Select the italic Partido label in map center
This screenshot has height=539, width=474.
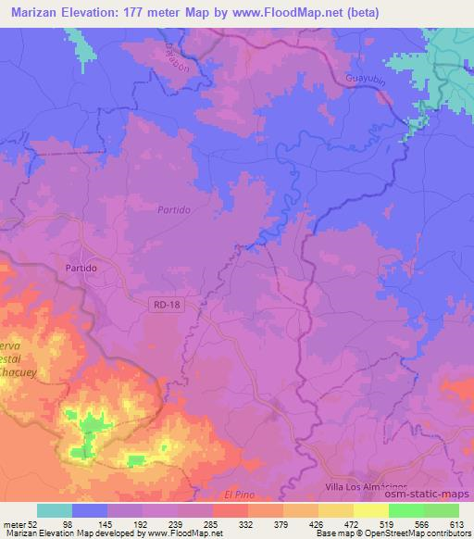tap(173, 210)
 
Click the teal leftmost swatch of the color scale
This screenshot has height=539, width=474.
tap(54, 510)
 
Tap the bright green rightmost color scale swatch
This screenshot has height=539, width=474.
tap(441, 510)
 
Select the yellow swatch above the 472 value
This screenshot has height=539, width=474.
tap(335, 510)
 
